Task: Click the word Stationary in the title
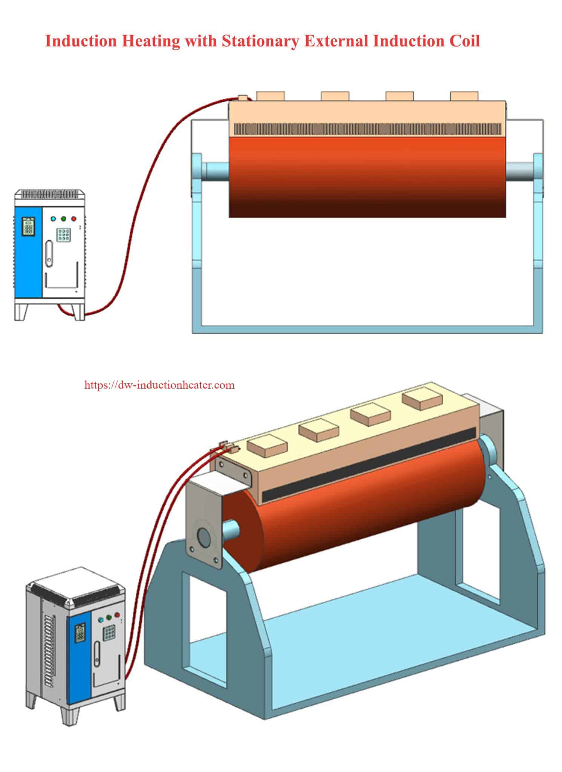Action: (x=259, y=41)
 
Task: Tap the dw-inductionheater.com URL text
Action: (x=159, y=385)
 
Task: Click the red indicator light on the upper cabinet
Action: (x=74, y=219)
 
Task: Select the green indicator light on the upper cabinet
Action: (x=63, y=219)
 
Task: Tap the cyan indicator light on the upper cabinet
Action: (x=53, y=219)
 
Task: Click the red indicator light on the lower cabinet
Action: (x=117, y=615)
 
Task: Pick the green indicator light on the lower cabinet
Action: (x=109, y=617)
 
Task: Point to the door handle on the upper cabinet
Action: (x=48, y=252)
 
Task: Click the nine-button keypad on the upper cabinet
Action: (x=62, y=235)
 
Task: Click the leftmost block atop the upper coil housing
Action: (x=270, y=96)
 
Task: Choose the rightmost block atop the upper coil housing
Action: (x=464, y=96)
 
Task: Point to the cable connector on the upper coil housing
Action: (x=243, y=98)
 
